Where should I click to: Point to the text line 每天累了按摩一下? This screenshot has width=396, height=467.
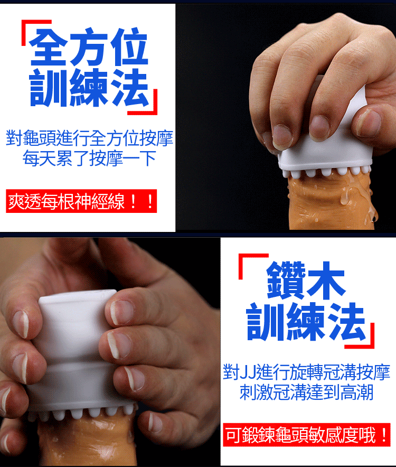tap(89, 158)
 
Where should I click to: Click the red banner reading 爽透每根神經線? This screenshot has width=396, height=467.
tap(81, 201)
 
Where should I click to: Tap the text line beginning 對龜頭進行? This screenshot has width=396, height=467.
tap(89, 138)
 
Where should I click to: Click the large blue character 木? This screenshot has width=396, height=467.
tap(326, 281)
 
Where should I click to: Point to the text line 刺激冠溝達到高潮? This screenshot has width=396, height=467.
tap(306, 392)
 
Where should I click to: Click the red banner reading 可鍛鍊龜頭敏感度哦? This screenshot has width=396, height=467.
tap(307, 435)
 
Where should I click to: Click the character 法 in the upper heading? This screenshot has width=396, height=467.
tap(129, 87)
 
